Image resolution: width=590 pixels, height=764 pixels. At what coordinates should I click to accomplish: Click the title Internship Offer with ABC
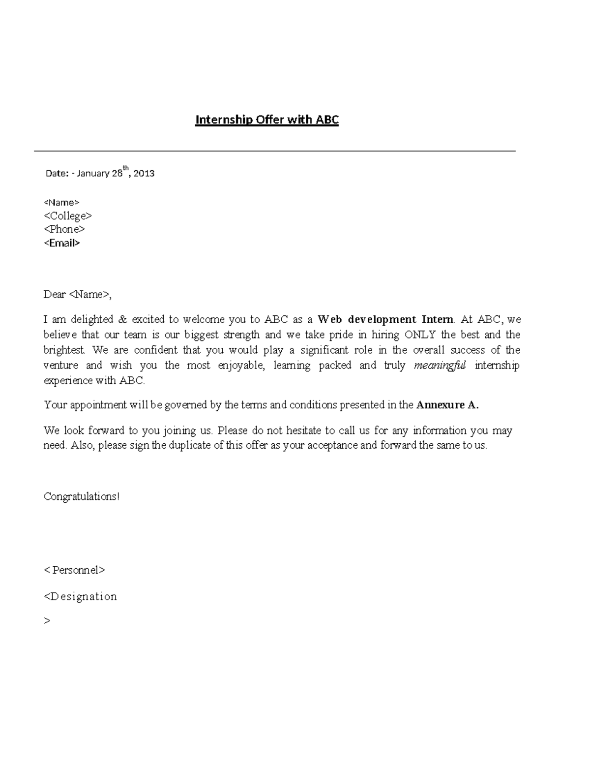click(x=267, y=120)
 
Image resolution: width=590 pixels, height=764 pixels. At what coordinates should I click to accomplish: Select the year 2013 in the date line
click(x=144, y=173)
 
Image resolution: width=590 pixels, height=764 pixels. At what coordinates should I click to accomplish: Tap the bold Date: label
click(x=57, y=173)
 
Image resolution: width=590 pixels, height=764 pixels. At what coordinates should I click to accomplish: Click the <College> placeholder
click(x=68, y=216)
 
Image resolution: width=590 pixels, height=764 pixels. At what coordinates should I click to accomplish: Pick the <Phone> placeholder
click(x=64, y=229)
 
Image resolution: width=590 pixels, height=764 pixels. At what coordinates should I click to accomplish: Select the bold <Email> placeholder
click(x=62, y=243)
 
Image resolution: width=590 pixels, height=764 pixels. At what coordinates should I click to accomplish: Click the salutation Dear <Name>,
click(x=78, y=295)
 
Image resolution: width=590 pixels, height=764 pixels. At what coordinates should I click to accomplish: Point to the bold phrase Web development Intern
click(x=385, y=320)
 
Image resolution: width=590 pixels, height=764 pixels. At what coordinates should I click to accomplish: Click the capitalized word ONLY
click(x=420, y=335)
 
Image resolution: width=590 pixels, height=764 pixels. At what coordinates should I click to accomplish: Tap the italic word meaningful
click(x=440, y=366)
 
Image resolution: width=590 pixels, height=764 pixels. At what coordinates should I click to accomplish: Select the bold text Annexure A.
click(x=447, y=405)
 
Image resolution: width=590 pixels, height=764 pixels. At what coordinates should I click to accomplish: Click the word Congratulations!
click(x=82, y=496)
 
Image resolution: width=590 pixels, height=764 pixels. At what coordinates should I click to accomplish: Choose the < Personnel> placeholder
click(x=75, y=570)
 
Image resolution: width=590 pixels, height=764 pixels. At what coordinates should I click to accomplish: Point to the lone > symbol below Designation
click(x=47, y=621)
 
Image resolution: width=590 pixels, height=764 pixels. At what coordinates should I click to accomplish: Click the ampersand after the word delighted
click(x=122, y=320)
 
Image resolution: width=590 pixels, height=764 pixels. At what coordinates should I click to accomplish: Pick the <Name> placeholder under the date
click(x=61, y=202)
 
